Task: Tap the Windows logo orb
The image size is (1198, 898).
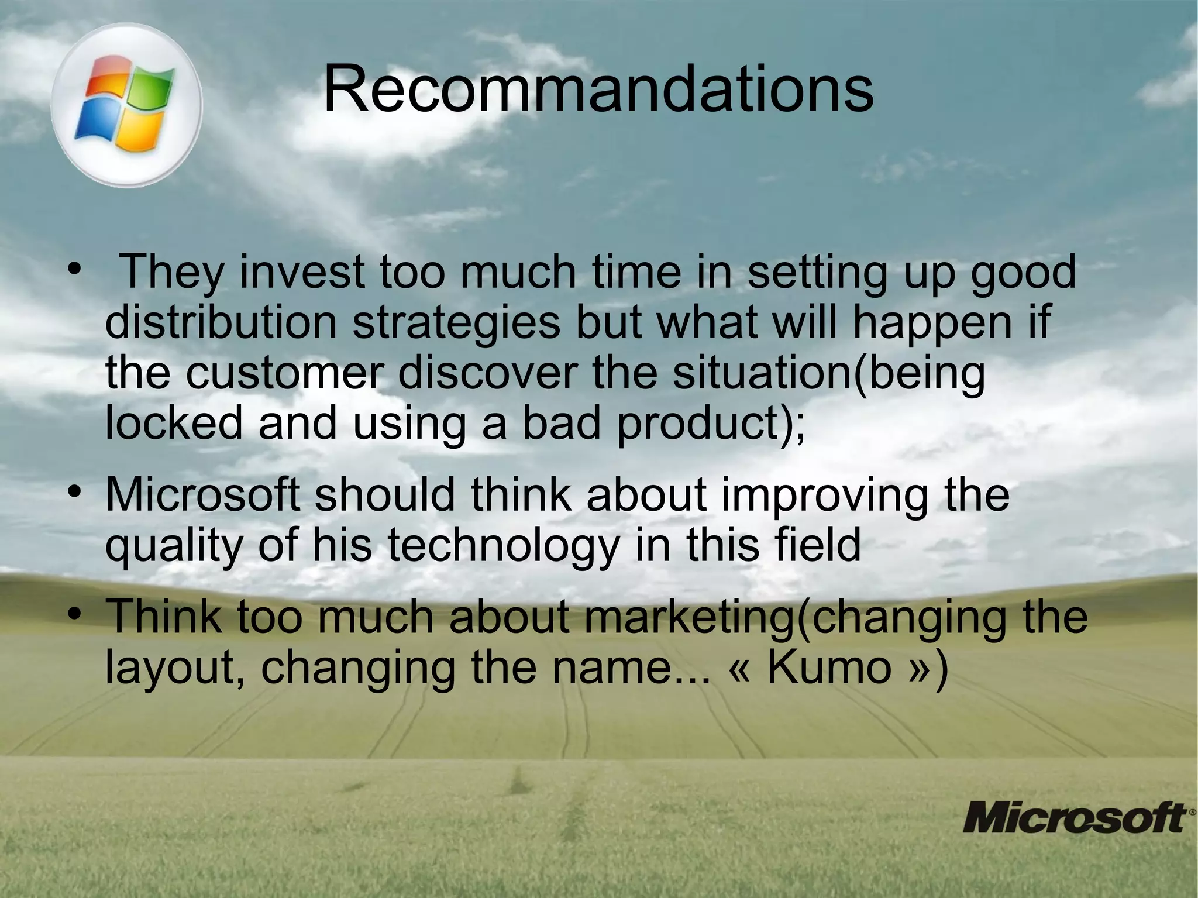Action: point(126,105)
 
